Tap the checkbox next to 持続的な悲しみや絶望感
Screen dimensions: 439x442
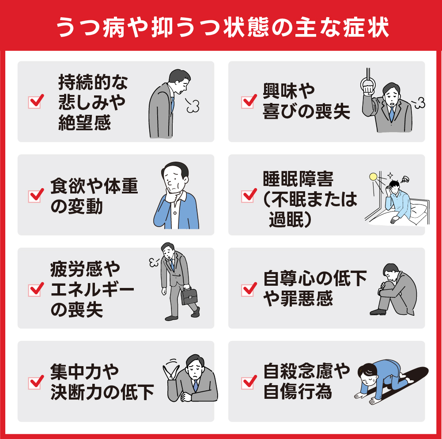35,102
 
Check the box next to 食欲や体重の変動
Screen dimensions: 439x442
35,195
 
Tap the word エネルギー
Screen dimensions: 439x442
92,289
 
